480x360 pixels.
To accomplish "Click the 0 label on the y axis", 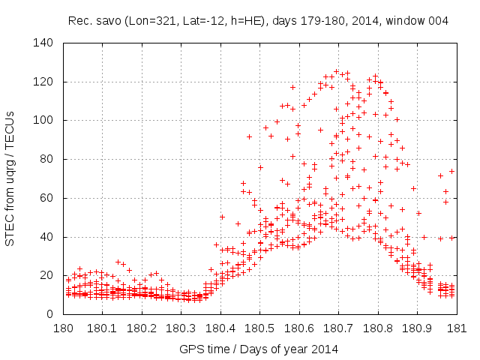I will [x=54, y=314].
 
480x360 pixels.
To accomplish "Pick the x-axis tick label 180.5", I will [x=259, y=329].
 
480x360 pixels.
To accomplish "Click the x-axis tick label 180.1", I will [x=102, y=329].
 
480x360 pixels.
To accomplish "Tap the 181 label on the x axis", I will [x=456, y=329].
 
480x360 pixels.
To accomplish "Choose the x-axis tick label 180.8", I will [x=377, y=329].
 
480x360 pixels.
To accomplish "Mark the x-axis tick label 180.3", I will [x=181, y=329].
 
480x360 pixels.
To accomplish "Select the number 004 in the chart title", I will [x=438, y=21].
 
